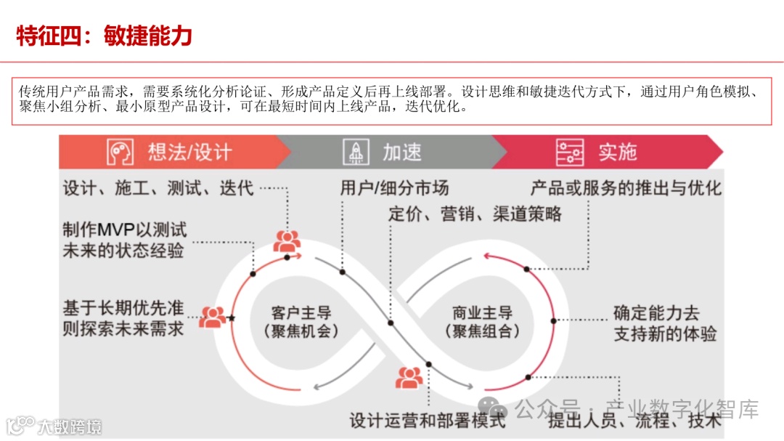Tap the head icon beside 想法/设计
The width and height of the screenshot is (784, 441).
click(x=121, y=152)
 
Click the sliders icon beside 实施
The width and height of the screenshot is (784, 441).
click(x=570, y=152)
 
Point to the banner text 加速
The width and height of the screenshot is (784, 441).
click(x=402, y=152)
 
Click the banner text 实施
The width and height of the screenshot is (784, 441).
click(x=618, y=152)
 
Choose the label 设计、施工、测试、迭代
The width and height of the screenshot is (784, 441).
click(x=158, y=189)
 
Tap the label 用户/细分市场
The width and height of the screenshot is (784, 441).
click(x=394, y=188)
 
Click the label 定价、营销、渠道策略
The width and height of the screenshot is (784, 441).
click(x=475, y=214)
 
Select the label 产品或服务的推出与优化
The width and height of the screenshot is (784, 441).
click(x=626, y=188)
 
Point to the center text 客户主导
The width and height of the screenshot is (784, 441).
click(x=301, y=313)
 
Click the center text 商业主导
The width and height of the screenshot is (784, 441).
click(x=482, y=313)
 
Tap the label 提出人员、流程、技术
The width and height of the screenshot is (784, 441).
click(x=634, y=420)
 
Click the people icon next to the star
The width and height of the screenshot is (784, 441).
click(x=212, y=317)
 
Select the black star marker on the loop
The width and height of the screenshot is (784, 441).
click(x=232, y=318)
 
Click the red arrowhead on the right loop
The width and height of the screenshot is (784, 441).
click(x=487, y=255)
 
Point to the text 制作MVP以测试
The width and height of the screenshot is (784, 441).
click(x=125, y=230)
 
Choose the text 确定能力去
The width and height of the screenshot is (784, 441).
click(x=656, y=313)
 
